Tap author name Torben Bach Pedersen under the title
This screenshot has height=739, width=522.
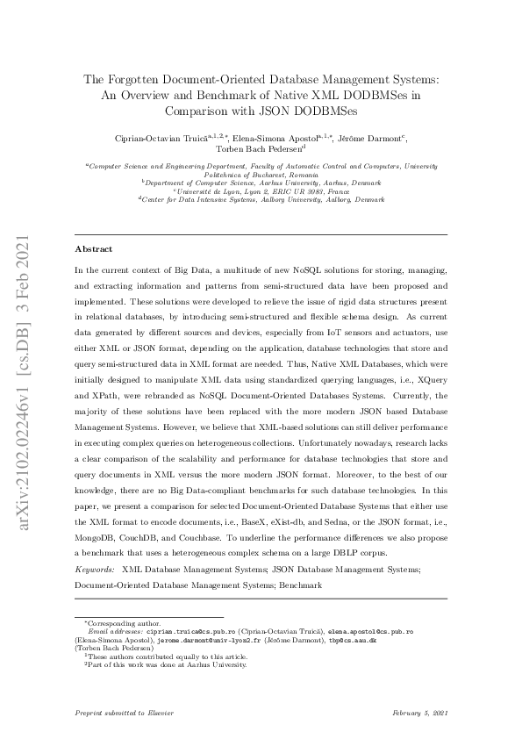[261, 149]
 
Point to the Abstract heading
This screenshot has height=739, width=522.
[93, 249]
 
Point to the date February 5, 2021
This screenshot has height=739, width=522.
[420, 713]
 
